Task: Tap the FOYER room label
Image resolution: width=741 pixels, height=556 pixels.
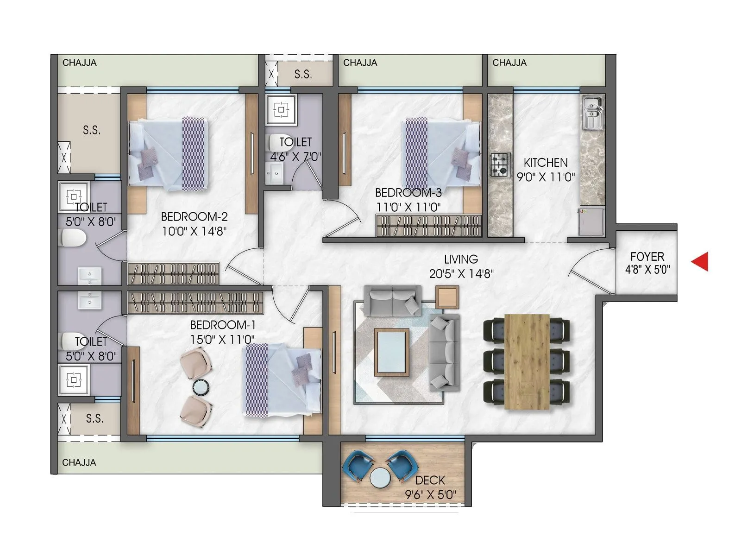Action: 647,257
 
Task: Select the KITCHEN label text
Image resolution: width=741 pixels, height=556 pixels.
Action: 546,163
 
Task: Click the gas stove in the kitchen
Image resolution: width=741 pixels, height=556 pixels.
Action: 500,165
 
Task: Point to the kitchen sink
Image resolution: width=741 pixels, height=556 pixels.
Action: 592,114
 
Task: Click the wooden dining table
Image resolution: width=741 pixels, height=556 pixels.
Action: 527,361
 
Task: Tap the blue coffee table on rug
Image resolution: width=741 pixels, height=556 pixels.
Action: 392,352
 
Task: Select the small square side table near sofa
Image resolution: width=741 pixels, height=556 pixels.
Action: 447,297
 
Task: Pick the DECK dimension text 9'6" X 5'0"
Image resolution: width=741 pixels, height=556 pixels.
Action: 430,495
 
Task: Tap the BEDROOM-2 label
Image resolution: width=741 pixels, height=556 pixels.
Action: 194,217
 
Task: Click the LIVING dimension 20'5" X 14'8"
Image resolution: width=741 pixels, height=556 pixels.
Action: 461,274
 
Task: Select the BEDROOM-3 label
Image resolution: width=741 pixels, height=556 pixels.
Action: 408,193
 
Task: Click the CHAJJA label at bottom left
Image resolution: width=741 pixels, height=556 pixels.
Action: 79,462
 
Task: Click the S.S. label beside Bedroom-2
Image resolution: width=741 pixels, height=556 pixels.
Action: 92,131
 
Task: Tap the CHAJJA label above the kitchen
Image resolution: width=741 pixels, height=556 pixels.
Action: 509,63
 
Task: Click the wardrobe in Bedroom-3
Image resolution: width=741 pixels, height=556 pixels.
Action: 428,226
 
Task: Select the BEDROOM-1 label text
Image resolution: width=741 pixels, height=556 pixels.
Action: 222,325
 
